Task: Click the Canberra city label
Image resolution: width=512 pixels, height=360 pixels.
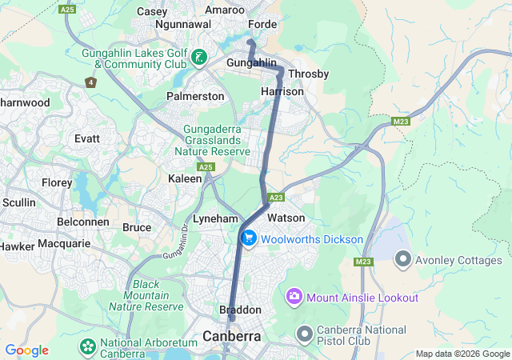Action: [x=232, y=336]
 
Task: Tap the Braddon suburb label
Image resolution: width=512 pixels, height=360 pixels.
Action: [x=240, y=310]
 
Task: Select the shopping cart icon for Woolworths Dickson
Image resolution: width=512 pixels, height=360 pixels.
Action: [x=248, y=238]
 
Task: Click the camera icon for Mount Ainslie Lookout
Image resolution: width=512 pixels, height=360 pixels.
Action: [x=294, y=297]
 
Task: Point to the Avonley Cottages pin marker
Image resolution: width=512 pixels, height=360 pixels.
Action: [x=402, y=260]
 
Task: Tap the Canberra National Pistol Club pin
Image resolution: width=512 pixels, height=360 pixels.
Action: [x=304, y=332]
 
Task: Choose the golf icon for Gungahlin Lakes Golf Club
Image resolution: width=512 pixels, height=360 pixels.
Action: [x=198, y=58]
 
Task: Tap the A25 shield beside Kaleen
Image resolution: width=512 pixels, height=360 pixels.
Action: [x=206, y=166]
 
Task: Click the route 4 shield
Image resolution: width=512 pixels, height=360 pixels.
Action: [x=90, y=82]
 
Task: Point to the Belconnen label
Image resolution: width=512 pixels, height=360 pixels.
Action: [x=83, y=221]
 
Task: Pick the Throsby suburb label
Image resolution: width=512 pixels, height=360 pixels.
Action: [x=308, y=74]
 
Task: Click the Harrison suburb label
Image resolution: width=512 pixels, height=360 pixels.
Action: [x=282, y=92]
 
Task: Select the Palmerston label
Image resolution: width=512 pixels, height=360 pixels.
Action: [x=194, y=96]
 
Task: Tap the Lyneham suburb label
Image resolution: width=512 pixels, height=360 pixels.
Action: [x=215, y=218]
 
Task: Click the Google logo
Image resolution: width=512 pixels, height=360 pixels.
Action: [x=26, y=350]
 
